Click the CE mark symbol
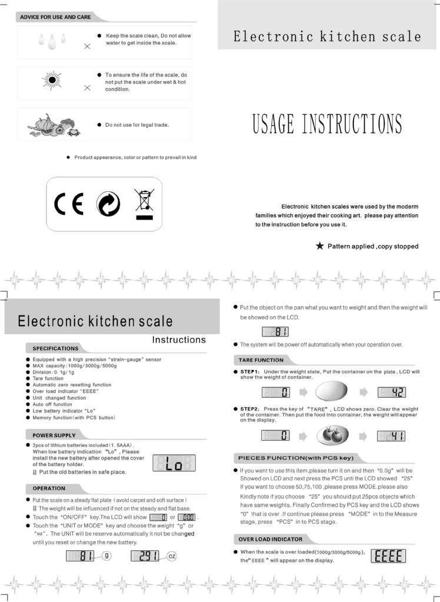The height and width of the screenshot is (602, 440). (x=69, y=204)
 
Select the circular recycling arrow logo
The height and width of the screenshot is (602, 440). (x=108, y=204)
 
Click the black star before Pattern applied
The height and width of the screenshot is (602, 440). (x=319, y=246)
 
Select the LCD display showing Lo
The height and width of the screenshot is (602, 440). (x=174, y=464)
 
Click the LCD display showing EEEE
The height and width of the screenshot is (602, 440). (x=388, y=556)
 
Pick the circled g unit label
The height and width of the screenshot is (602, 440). (x=106, y=556)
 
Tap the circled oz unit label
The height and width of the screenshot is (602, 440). (x=171, y=556)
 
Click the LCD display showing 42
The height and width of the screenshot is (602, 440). (x=392, y=392)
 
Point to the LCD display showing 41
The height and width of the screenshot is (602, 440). (x=392, y=436)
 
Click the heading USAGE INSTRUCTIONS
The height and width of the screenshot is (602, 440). (x=327, y=124)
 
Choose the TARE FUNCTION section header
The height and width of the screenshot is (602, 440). (x=261, y=360)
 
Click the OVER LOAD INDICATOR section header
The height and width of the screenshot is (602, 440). (x=271, y=539)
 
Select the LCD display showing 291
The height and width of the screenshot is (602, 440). (x=145, y=556)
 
